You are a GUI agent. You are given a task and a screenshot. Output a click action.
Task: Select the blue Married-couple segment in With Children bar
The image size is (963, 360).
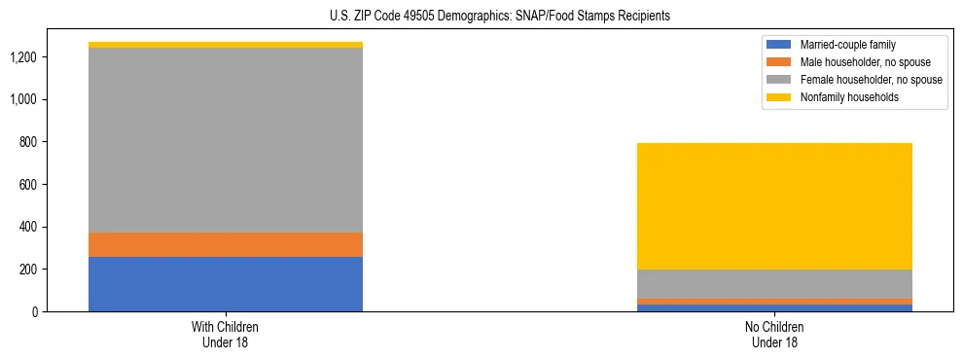[x=226, y=284]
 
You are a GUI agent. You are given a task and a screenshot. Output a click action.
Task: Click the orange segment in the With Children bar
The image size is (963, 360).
[x=226, y=244]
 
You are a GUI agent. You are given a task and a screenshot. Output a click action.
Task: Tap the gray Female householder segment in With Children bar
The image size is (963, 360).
[x=226, y=140]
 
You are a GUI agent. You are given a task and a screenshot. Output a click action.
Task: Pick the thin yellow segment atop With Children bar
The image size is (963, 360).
[x=226, y=45]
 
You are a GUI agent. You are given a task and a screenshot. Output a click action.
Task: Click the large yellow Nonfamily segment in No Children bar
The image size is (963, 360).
[x=774, y=206]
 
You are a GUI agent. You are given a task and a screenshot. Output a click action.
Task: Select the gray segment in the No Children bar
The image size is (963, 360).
[x=774, y=284]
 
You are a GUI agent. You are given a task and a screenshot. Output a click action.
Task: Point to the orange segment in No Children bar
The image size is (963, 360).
[x=774, y=302]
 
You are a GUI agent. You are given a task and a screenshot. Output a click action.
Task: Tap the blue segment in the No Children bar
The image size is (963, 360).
[x=774, y=308]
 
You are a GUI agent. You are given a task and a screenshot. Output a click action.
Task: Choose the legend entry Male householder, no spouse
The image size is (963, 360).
[x=851, y=62]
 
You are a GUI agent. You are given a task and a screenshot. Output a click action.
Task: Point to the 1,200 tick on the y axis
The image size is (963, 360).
[x=51, y=57]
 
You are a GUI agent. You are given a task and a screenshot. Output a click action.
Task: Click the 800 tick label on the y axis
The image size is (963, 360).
[x=55, y=142]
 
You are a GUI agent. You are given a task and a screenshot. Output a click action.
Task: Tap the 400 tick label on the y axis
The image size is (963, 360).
[x=55, y=227]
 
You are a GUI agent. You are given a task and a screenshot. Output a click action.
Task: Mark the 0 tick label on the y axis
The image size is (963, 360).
[x=61, y=311]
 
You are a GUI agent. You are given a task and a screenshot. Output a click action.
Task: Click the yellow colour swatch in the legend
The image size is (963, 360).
[x=779, y=97]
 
